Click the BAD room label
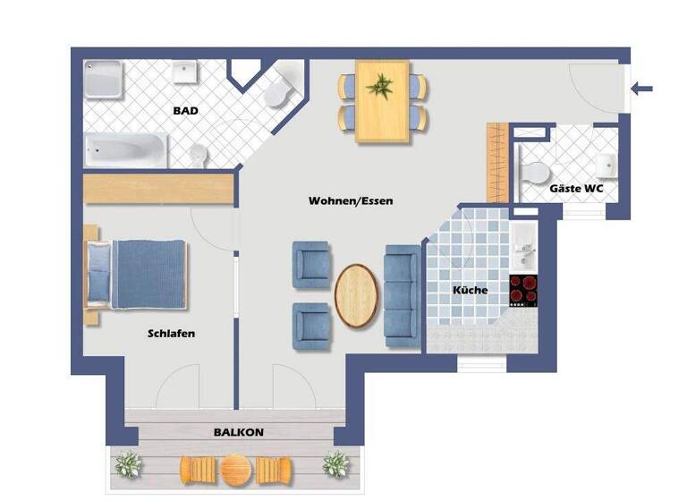(185, 112)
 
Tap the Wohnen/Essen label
(351, 201)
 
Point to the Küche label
(470, 291)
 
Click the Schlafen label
(171, 334)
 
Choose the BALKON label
(238, 432)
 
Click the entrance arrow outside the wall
(642, 89)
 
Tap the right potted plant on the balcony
(335, 463)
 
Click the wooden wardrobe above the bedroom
(158, 190)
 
